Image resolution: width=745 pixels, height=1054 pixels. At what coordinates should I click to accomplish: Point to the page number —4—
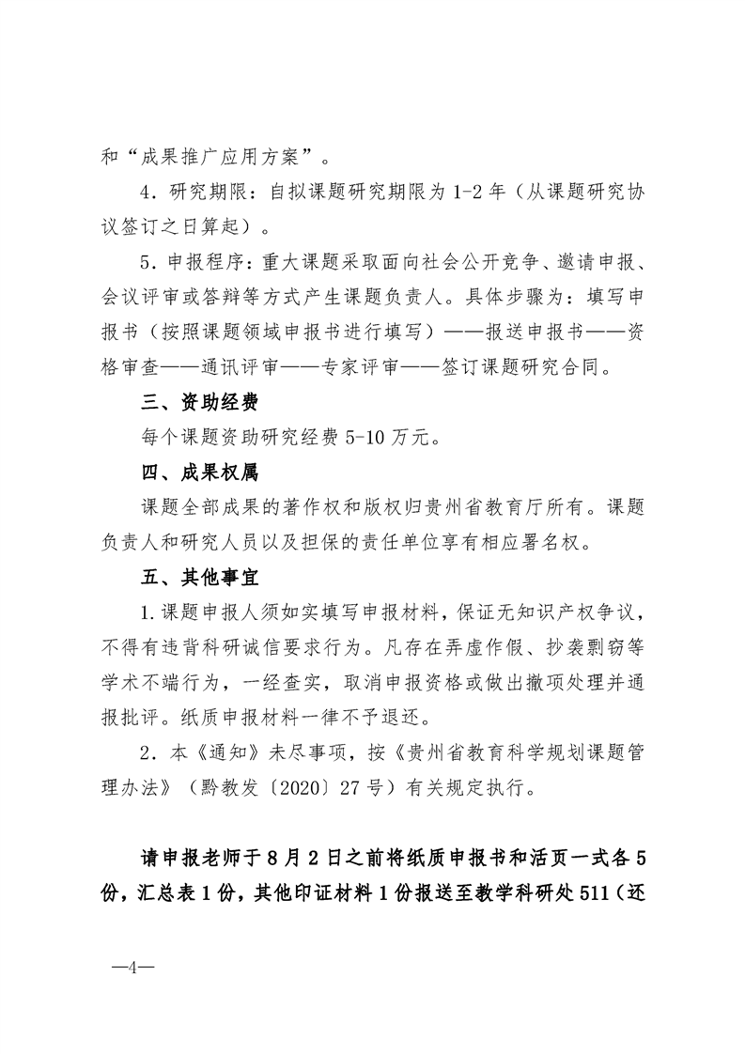pyautogui.click(x=133, y=967)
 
